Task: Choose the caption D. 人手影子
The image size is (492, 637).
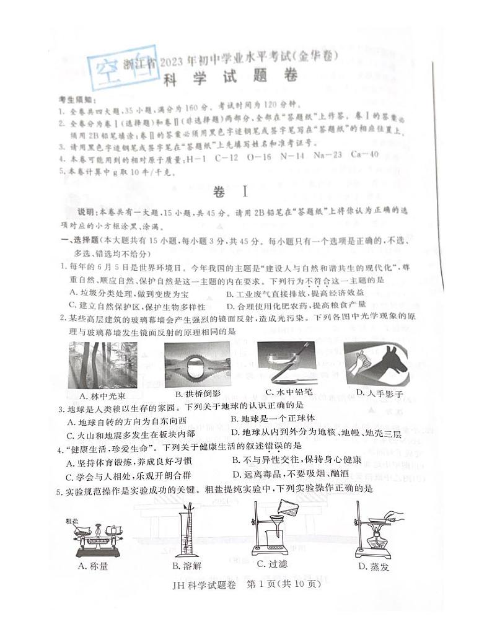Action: tap(379, 393)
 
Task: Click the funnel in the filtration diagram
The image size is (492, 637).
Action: tap(274, 524)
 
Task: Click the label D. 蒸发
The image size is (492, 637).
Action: tap(372, 566)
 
